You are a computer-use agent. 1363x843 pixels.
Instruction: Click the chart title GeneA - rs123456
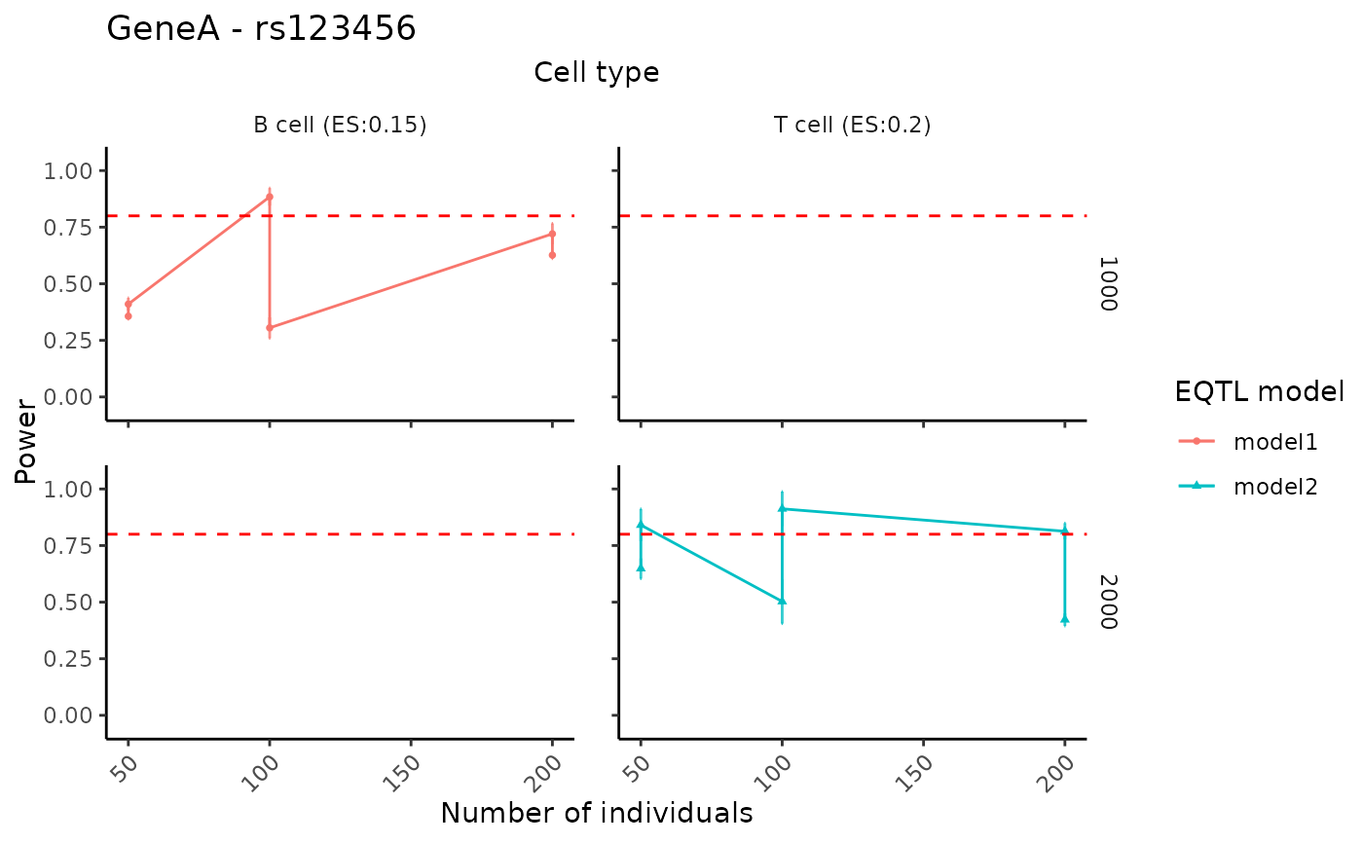click(261, 29)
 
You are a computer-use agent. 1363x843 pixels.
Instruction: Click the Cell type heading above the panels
click(596, 72)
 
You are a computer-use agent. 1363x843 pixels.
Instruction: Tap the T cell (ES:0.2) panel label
click(852, 125)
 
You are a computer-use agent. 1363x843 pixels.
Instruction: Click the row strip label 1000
click(1107, 284)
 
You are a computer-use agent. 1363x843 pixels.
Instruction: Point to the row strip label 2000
click(1107, 602)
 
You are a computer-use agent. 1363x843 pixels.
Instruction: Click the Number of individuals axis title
click(596, 813)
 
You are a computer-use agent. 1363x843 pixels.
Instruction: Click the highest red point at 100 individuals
click(270, 197)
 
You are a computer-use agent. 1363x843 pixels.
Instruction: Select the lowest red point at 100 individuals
click(270, 328)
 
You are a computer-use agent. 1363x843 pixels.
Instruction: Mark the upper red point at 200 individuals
click(552, 234)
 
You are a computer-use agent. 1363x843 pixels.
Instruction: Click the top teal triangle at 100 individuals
click(782, 508)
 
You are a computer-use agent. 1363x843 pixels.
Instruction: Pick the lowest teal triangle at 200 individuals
click(1065, 619)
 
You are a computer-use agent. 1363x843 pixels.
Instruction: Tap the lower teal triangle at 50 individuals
click(641, 568)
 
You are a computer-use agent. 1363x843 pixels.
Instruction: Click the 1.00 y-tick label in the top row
click(69, 171)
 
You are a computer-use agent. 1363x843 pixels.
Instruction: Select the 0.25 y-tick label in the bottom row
click(69, 659)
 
